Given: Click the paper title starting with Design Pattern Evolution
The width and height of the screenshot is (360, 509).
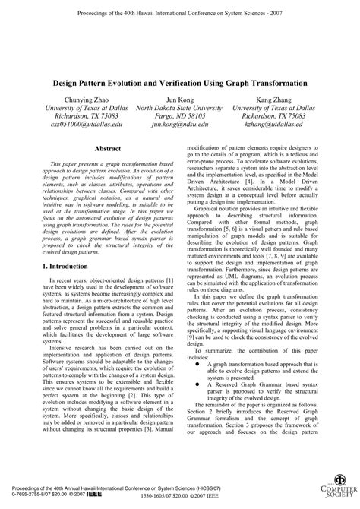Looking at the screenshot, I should pos(180,81).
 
